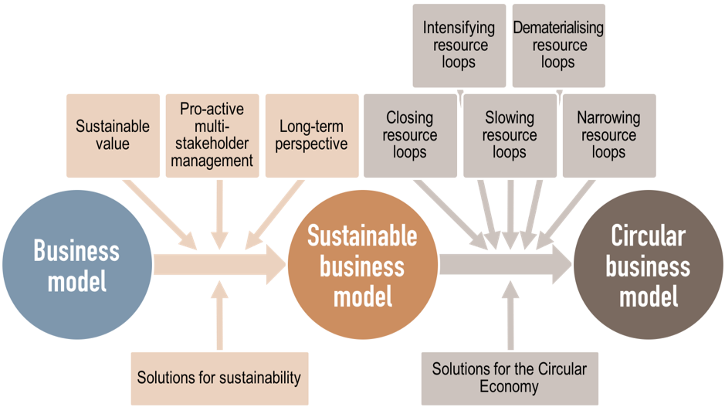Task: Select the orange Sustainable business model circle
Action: (x=361, y=264)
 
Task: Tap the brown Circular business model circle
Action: (x=647, y=264)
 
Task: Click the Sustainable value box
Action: (x=113, y=135)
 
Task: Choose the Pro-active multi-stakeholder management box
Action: (x=212, y=135)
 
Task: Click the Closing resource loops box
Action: (x=409, y=135)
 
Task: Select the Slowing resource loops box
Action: (x=509, y=135)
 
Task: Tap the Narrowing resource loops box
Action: (x=608, y=135)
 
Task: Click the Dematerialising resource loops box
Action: (x=557, y=45)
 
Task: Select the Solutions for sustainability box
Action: (x=219, y=378)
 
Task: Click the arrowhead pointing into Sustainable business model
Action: (x=274, y=263)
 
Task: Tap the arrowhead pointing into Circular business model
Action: (x=561, y=263)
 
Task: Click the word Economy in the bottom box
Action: (x=509, y=386)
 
